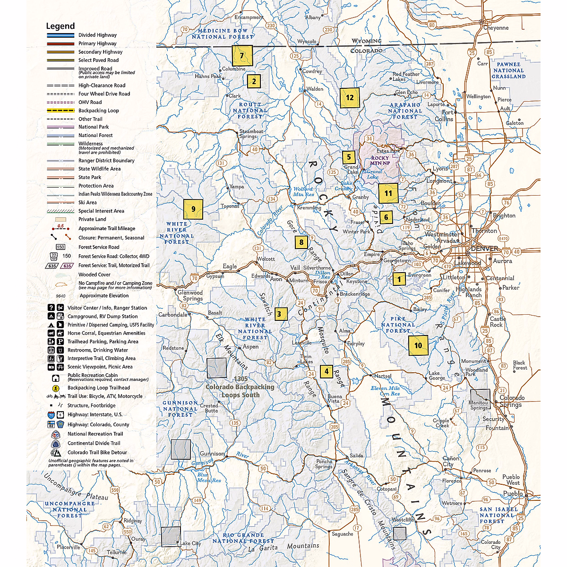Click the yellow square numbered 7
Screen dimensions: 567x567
pyautogui.click(x=242, y=56)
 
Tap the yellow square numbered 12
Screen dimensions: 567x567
pyautogui.click(x=350, y=98)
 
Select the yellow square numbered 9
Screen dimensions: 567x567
pyautogui.click(x=193, y=209)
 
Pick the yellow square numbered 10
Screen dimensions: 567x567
pyautogui.click(x=418, y=345)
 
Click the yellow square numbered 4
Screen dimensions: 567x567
pyautogui.click(x=326, y=371)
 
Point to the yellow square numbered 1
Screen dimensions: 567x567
pyautogui.click(x=399, y=279)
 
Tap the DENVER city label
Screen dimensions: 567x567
pyautogui.click(x=484, y=249)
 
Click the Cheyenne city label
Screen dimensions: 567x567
pyautogui.click(x=496, y=28)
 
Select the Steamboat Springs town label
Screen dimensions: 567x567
pyautogui.click(x=251, y=134)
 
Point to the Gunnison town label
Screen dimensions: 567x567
pyautogui.click(x=212, y=454)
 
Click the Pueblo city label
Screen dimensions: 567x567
pyautogui.click(x=513, y=493)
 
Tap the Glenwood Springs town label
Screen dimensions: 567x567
pyautogui.click(x=190, y=295)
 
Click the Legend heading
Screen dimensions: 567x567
pyautogui.click(x=60, y=26)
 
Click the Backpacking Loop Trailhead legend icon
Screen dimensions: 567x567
pyautogui.click(x=56, y=388)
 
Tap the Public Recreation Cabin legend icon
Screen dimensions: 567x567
pyautogui.click(x=56, y=378)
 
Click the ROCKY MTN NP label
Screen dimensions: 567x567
pyautogui.click(x=380, y=161)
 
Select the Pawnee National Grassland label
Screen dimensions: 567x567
pyautogui.click(x=508, y=70)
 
